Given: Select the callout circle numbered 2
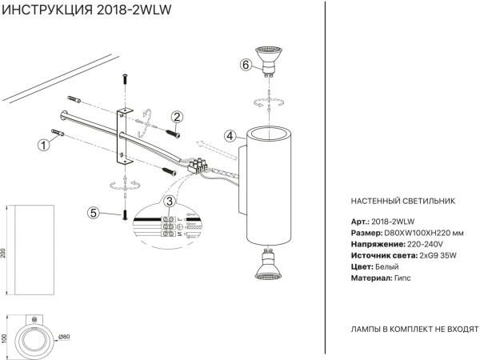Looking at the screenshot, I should coord(177,118).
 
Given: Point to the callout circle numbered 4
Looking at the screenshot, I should coord(229,136).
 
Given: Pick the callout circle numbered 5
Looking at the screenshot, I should coord(94,213).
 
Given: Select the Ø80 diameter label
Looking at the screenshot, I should coord(66,337).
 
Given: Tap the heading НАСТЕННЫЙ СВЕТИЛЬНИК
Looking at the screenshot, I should coord(402,202).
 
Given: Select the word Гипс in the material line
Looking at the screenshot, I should coord(404,277).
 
